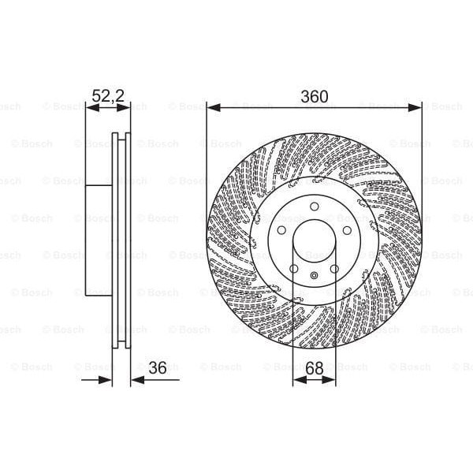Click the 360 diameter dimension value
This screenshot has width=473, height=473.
[314, 97]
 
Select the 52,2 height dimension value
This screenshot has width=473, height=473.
[108, 96]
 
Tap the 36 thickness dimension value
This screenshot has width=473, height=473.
[158, 367]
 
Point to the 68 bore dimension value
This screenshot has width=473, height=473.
[314, 367]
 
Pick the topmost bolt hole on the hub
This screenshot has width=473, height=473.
[314, 206]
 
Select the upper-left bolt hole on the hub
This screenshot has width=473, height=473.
[281, 229]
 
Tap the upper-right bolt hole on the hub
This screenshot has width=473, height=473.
[346, 229]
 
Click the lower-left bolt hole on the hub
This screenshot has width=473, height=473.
[293, 268]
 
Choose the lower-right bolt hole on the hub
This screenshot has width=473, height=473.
[334, 268]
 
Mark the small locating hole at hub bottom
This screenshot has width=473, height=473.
[314, 275]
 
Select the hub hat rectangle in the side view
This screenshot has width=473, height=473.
[99, 240]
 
